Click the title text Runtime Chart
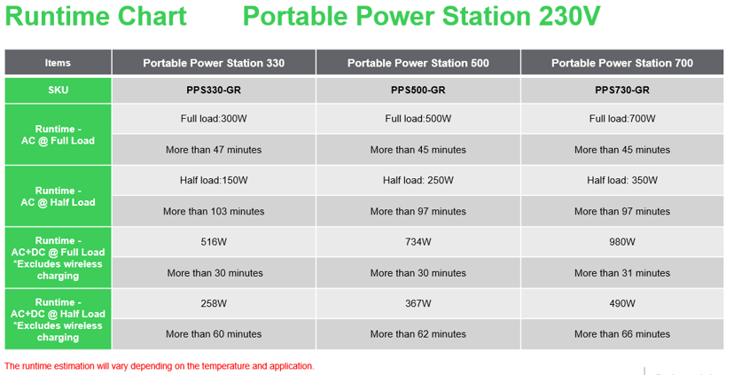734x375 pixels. [95, 18]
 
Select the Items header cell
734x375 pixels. [58, 63]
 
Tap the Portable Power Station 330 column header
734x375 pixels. [214, 63]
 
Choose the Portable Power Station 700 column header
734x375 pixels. [621, 63]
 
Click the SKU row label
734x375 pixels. [58, 90]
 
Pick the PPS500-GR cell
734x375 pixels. [418, 90]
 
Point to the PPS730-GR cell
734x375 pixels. [621, 90]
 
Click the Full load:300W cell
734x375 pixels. [214, 119]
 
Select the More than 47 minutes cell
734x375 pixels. [214, 150]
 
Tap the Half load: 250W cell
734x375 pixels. [418, 180]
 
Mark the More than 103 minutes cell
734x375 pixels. [214, 211]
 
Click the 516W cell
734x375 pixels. [214, 242]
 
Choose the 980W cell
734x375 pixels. [621, 242]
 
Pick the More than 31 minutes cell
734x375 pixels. [621, 273]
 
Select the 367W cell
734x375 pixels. [418, 303]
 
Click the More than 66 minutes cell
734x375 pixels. [621, 334]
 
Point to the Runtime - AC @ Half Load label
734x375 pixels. [58, 196]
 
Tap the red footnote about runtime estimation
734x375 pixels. [159, 365]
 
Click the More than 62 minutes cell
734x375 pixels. [418, 334]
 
